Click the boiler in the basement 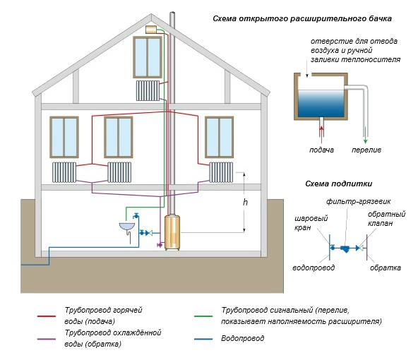point(172,232)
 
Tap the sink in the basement point(127,226)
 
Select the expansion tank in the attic point(151,30)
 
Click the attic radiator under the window point(148,90)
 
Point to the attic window point(148,57)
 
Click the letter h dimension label point(245,203)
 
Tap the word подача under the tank point(321,150)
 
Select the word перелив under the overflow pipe point(366,150)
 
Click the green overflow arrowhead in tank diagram point(366,141)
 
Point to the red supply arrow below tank point(321,131)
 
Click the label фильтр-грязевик point(358,201)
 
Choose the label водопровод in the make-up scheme point(313,268)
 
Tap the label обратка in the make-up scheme point(386,268)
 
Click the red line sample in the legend point(47,316)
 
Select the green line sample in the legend point(203,316)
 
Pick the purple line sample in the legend point(47,340)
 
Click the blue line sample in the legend point(203,340)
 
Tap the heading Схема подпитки point(338,184)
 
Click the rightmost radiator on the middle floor point(221,172)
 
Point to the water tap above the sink point(136,215)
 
